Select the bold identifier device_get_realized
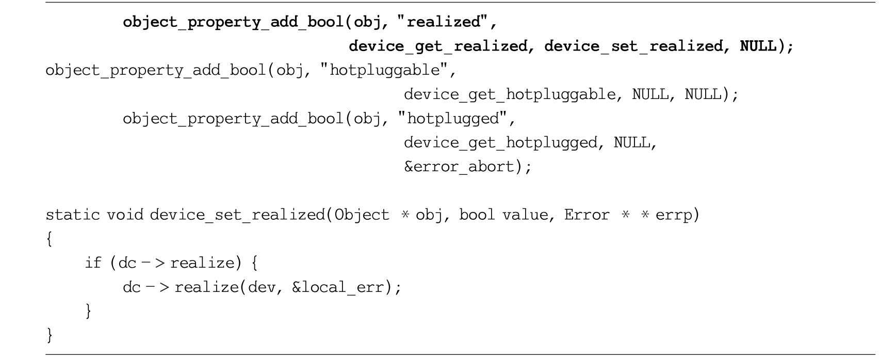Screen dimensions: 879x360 (x=438, y=46)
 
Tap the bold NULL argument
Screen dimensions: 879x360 (x=758, y=46)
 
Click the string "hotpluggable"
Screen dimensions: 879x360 (x=384, y=70)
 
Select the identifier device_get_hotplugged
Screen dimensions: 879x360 (x=500, y=143)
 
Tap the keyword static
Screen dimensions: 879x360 (x=73, y=215)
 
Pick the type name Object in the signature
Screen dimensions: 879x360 (x=362, y=215)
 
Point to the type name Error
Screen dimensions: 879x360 (x=587, y=215)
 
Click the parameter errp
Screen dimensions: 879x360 (x=674, y=216)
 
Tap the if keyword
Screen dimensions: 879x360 (x=93, y=263)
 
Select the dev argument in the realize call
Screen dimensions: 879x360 (x=262, y=287)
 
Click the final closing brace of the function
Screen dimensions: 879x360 (x=50, y=335)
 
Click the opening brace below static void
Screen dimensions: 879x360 (x=50, y=239)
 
